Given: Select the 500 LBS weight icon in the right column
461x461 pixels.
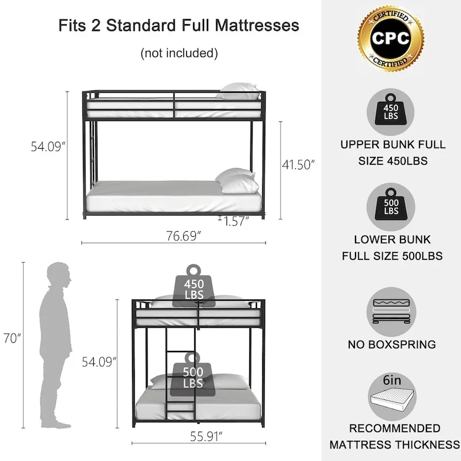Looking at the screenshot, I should tap(391, 206).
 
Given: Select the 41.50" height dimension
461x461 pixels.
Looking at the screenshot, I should tap(298, 165).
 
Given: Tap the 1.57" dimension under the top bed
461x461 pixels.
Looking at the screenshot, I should tap(233, 222).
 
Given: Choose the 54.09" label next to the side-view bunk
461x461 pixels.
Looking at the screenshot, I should tap(48, 147).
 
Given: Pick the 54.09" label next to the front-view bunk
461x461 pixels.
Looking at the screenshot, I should tap(99, 362).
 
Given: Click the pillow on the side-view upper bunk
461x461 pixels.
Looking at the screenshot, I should tap(239, 90).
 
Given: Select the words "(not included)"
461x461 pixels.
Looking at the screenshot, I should tap(179, 54).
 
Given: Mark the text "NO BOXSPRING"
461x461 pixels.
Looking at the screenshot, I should tap(391, 345).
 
